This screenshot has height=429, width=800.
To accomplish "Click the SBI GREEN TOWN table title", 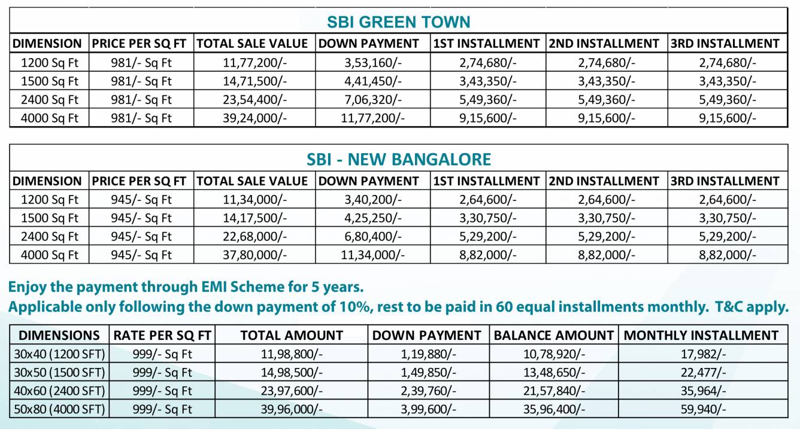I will coord(398,22).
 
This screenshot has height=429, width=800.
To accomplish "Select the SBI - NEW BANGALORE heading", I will coord(398,159).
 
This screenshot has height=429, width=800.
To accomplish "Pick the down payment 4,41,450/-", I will coord(373,81).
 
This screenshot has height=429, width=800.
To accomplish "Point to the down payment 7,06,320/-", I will coord(373,99).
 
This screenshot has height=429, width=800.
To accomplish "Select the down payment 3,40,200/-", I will coord(373,200).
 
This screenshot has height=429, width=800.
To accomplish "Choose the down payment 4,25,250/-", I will coord(373,218).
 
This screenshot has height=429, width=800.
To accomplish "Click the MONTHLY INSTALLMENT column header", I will coord(701,336).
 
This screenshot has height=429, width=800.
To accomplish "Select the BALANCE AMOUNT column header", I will coord(554,336).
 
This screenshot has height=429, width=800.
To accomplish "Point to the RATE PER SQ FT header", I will coord(162,336).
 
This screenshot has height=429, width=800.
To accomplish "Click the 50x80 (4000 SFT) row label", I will coord(59,409).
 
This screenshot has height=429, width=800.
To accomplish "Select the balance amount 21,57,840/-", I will coord(553,391).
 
